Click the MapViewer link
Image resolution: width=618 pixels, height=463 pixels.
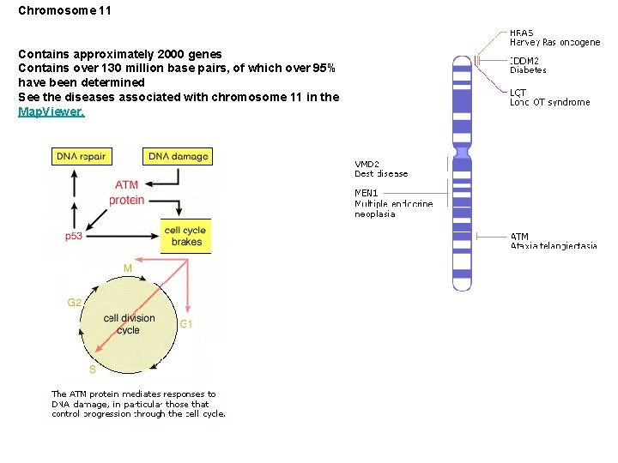click(x=51, y=111)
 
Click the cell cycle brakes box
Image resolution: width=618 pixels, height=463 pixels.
click(x=185, y=236)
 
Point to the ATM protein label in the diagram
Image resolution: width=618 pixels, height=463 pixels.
click(x=126, y=192)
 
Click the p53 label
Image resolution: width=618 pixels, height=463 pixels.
click(x=74, y=236)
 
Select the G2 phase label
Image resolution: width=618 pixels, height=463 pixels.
click(x=75, y=302)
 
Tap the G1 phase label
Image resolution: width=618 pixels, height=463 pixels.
click(x=185, y=323)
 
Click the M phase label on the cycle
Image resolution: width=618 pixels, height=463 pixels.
click(x=127, y=268)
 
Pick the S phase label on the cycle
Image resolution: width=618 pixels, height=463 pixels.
click(x=92, y=370)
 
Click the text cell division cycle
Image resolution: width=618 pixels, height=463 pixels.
click(x=129, y=323)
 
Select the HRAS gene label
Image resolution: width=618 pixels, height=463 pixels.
click(x=522, y=33)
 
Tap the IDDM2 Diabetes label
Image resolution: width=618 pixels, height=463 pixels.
click(x=527, y=65)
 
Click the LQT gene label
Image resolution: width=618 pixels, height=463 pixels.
click(x=518, y=92)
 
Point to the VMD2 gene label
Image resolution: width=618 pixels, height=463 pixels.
click(x=367, y=164)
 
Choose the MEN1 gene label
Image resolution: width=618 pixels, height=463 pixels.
click(x=367, y=193)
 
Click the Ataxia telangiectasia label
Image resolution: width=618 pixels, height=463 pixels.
click(x=554, y=246)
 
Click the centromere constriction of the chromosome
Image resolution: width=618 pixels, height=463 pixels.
click(x=463, y=153)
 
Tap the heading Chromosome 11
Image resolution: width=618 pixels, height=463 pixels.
click(x=64, y=12)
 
